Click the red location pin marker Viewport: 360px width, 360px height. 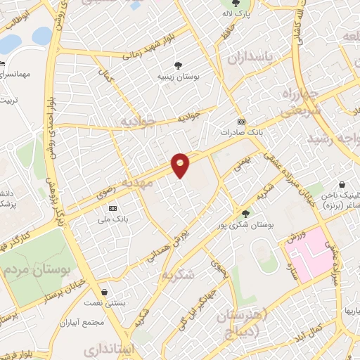pos(181,165)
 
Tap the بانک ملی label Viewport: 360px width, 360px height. pos(112,219)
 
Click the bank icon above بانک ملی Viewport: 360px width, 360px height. pos(112,209)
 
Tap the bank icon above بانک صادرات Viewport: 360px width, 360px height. pos(241,121)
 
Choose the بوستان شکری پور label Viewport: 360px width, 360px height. pos(246,225)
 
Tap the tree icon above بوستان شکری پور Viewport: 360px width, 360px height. pos(245,214)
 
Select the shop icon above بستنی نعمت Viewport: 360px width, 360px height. pos(105,291)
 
